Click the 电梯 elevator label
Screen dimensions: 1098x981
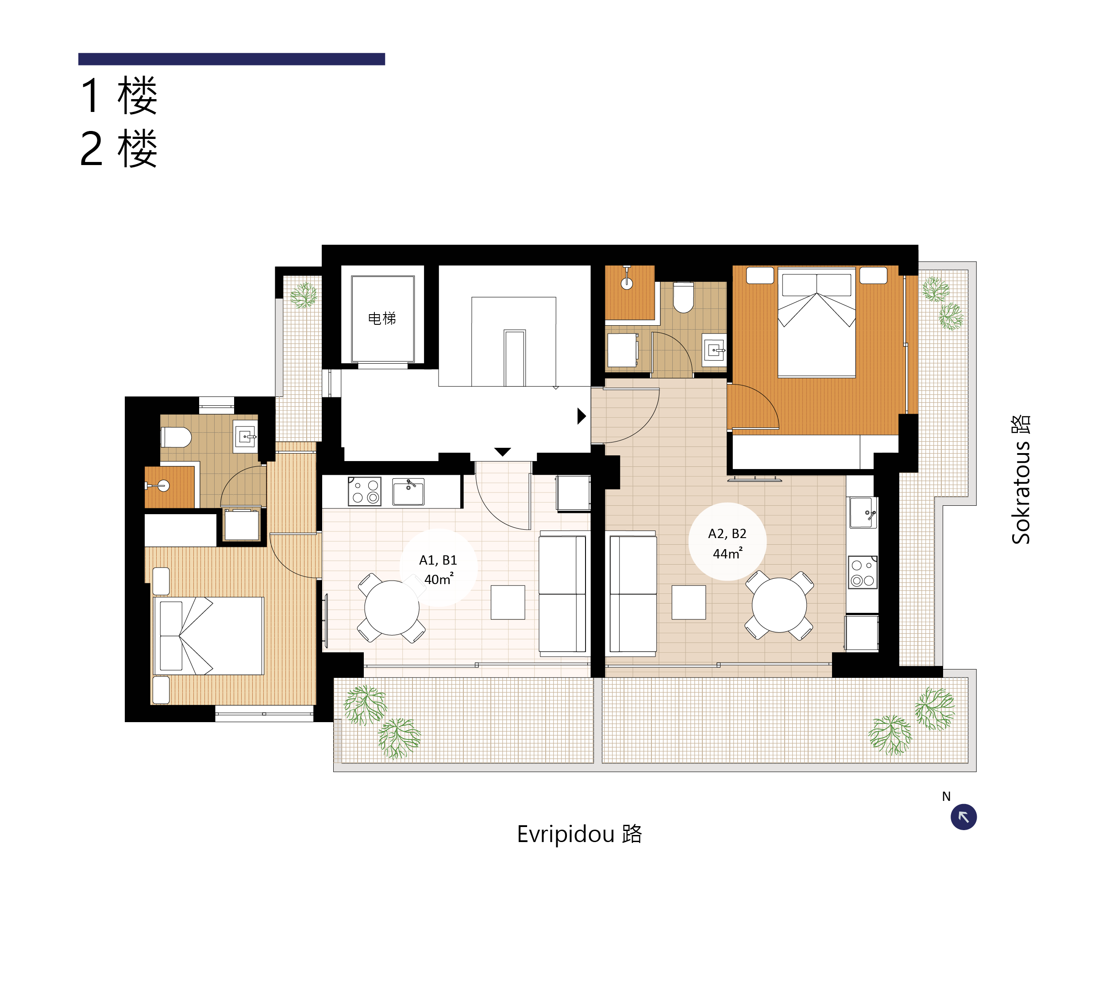(x=381, y=319)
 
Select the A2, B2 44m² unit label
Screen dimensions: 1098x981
(x=727, y=543)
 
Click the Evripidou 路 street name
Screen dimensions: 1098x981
(x=579, y=834)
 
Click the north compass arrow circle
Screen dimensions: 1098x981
(x=963, y=816)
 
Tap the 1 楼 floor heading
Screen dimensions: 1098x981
(x=119, y=96)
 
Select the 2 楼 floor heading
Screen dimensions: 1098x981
(x=119, y=148)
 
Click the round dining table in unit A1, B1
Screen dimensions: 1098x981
(x=392, y=608)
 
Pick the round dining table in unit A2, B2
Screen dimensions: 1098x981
(x=779, y=605)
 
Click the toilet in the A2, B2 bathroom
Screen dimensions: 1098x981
(x=683, y=297)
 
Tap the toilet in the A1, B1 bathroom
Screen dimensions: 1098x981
(x=176, y=437)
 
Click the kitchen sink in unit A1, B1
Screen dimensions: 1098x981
(x=408, y=492)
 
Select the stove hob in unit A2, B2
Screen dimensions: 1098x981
(x=863, y=572)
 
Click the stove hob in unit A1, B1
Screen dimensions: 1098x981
(x=364, y=492)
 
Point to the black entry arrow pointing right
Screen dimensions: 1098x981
(x=582, y=416)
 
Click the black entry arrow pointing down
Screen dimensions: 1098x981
(x=502, y=452)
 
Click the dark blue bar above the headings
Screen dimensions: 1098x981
(x=231, y=59)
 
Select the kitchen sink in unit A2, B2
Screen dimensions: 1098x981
(x=863, y=512)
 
